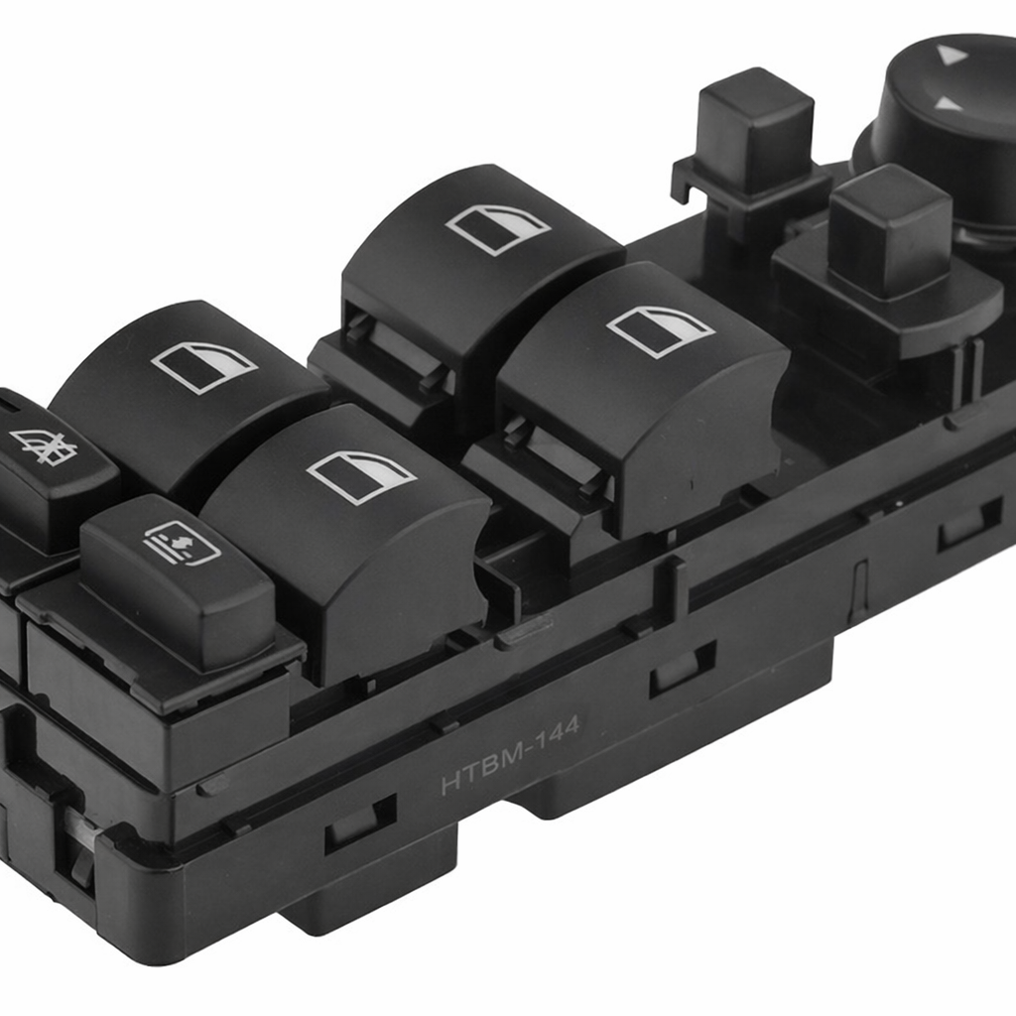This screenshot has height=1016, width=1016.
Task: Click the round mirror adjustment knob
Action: click(x=946, y=130)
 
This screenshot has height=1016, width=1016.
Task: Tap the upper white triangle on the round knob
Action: click(x=952, y=54)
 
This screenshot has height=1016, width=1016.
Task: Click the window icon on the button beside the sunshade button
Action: click(x=361, y=477)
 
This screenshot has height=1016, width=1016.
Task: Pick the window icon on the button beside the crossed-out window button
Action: click(x=204, y=367)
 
